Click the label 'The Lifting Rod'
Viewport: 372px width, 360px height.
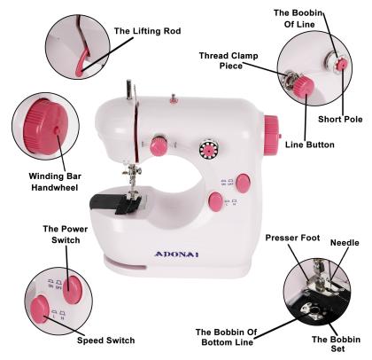(147, 31)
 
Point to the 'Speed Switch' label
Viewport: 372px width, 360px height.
(107, 340)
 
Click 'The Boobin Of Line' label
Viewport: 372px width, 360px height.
(305, 20)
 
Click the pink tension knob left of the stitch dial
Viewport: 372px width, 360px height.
(159, 145)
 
